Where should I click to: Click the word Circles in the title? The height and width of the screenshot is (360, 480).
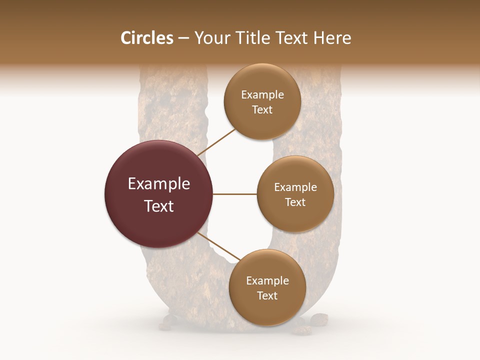pyautogui.click(x=146, y=38)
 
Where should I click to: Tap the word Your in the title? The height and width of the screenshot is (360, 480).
pyautogui.click(x=210, y=38)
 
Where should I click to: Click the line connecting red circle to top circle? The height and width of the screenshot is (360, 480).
pyautogui.click(x=217, y=142)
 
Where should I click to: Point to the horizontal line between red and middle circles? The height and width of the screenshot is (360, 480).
pyautogui.click(x=235, y=194)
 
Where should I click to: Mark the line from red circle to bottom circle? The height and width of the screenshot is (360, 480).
pyautogui.click(x=218, y=246)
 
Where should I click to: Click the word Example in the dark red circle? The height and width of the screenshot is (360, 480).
pyautogui.click(x=159, y=184)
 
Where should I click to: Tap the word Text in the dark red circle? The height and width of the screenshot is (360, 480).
pyautogui.click(x=159, y=206)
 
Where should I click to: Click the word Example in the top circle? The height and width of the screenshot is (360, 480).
pyautogui.click(x=262, y=95)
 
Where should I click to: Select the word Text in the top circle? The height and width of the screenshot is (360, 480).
pyautogui.click(x=262, y=110)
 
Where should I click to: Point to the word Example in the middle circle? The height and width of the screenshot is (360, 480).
pyautogui.click(x=295, y=187)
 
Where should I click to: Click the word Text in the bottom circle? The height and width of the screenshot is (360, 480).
pyautogui.click(x=267, y=295)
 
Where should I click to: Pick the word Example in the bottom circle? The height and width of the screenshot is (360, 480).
pyautogui.click(x=267, y=281)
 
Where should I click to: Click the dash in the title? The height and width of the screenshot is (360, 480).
pyautogui.click(x=183, y=38)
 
